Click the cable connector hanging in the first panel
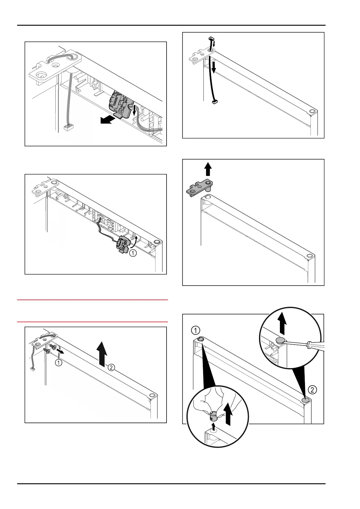click(67, 128)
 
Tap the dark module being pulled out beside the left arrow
click(119, 104)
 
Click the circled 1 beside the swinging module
click(133, 254)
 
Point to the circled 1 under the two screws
click(59, 363)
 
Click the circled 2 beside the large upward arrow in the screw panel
click(111, 368)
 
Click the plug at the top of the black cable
click(211, 38)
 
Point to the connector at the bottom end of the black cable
click(215, 103)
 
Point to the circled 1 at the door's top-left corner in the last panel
click(195, 329)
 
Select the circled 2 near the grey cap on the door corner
click(313, 390)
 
